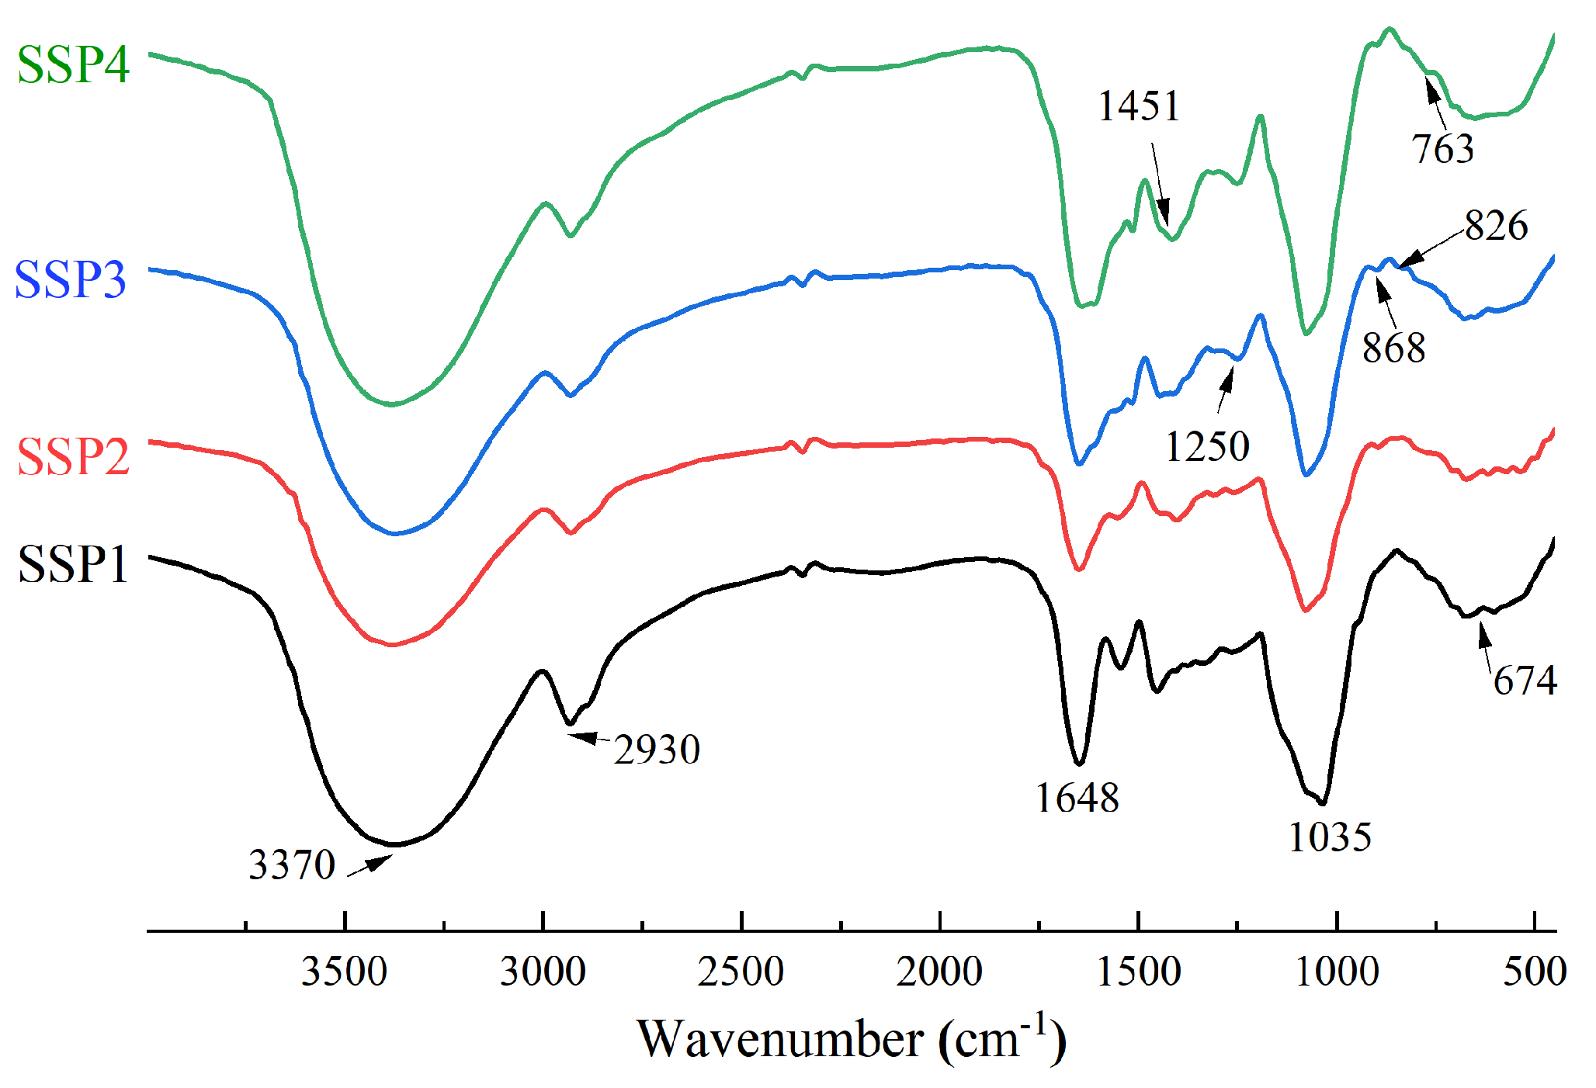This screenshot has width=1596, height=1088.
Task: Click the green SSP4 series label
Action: pos(73,64)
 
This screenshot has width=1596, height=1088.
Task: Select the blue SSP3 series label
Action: pos(70,279)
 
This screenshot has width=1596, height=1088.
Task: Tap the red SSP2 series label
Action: pos(73,456)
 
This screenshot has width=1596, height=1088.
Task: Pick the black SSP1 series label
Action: pos(73,564)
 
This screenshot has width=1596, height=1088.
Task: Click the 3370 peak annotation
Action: pos(291,865)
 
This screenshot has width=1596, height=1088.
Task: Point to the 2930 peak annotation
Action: pos(657,750)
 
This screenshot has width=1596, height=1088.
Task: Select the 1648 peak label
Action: pos(1077,798)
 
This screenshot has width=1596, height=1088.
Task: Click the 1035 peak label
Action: pos(1330,837)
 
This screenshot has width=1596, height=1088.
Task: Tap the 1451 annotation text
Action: pos(1139,106)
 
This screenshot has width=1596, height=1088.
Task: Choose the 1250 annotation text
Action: pos(1207,447)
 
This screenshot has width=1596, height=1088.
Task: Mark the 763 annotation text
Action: pos(1442,149)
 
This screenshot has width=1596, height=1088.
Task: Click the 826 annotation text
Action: pos(1496,226)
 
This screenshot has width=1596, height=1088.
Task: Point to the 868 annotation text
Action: pos(1393,348)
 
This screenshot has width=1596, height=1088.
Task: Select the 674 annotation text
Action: pos(1525,681)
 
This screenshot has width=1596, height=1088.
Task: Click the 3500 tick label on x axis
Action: pos(345,972)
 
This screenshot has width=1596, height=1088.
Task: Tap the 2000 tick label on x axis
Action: pos(939,972)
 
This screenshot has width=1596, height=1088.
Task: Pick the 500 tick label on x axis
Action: pos(1535,972)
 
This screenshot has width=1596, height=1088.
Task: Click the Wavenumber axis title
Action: pos(852,1038)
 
